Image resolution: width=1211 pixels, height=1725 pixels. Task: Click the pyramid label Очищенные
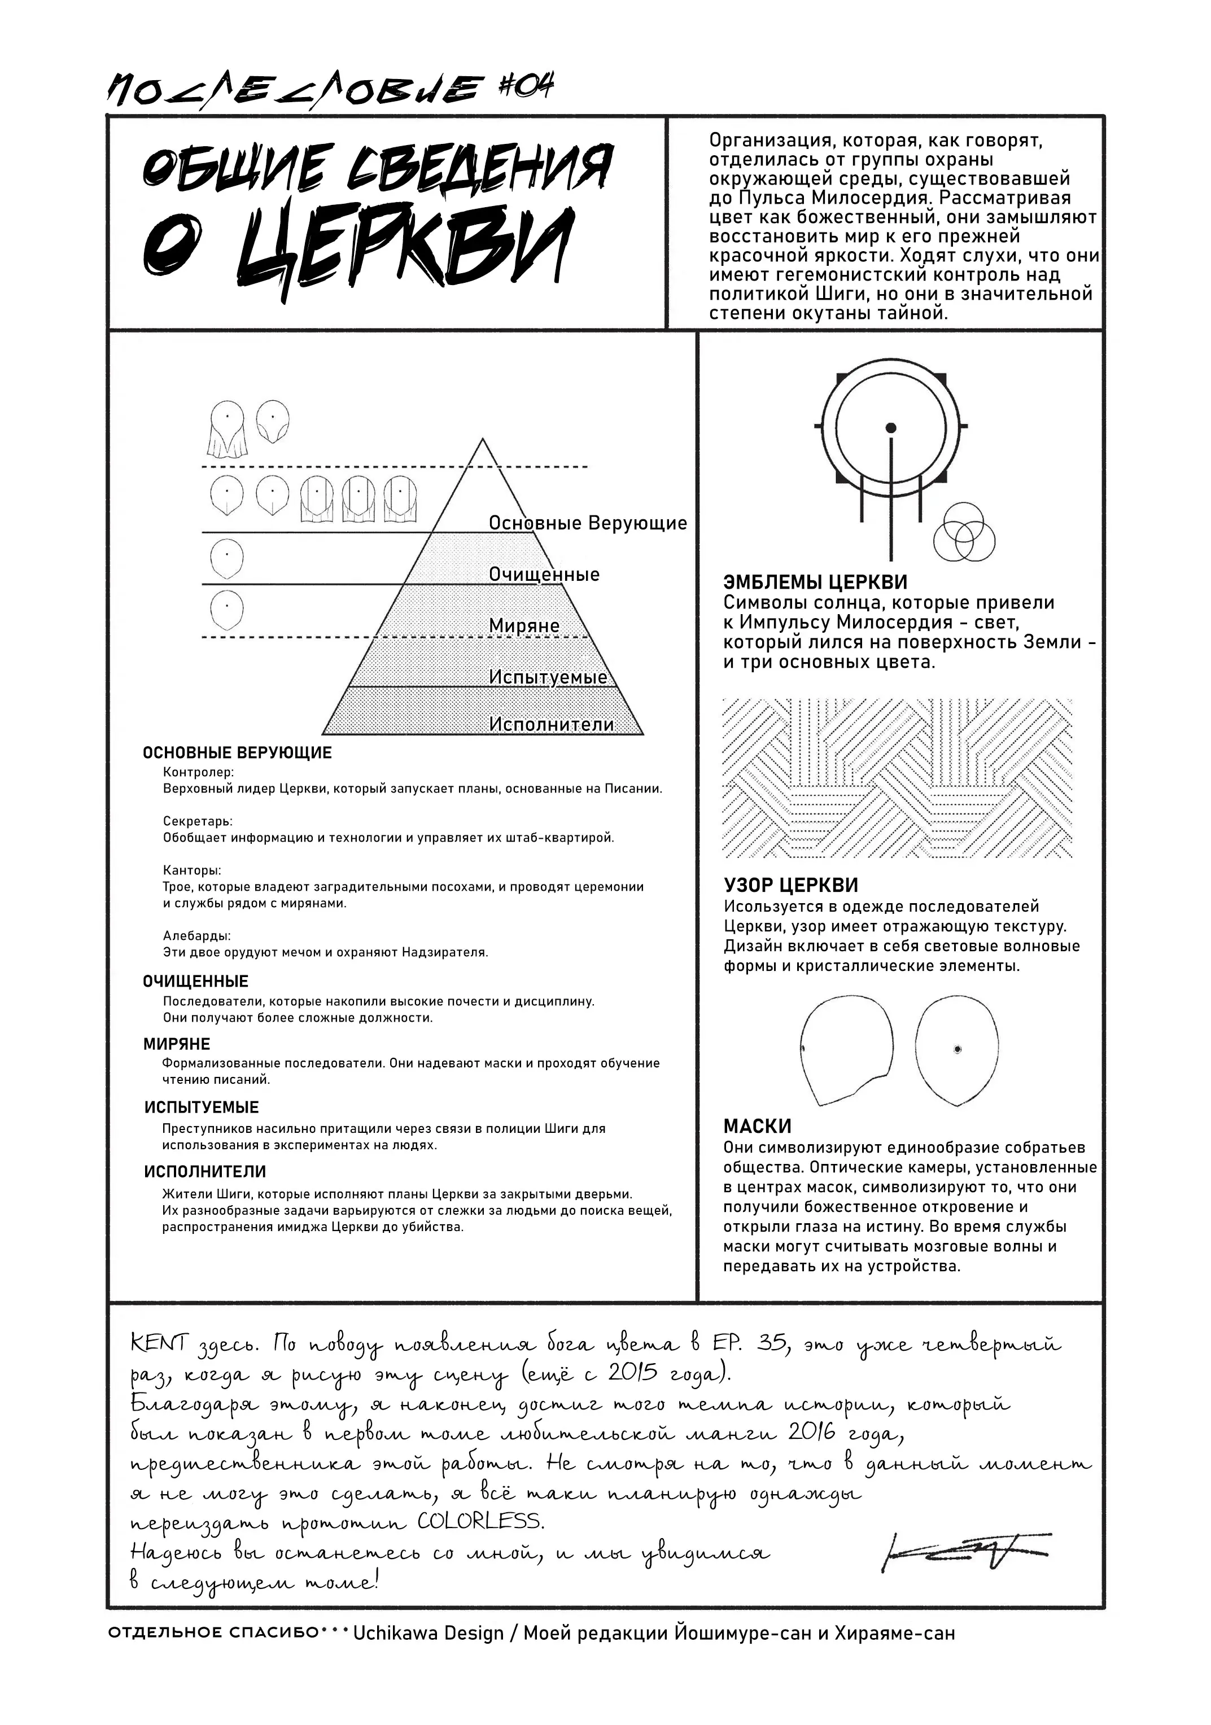coord(544,575)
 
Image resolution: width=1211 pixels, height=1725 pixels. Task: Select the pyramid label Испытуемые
coord(548,677)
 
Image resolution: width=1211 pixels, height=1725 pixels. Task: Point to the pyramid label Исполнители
coord(552,724)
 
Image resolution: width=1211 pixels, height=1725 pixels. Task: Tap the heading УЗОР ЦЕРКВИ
coord(790,886)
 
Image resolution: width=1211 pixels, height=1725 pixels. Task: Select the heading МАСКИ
coord(757,1126)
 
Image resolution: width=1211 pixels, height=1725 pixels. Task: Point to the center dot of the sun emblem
coord(891,428)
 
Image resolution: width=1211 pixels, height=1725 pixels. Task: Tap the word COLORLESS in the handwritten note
coord(479,1521)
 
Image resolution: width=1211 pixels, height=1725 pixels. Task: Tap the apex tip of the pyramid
coord(482,440)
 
